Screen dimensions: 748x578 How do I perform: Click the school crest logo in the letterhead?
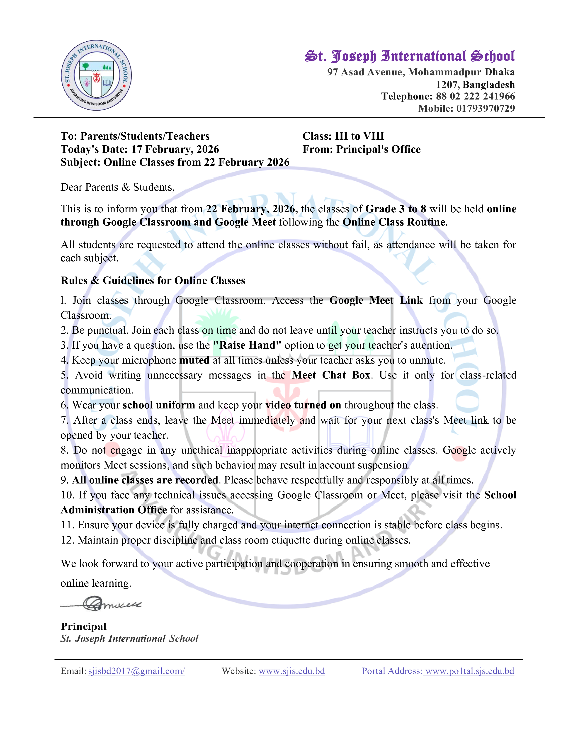tap(96, 75)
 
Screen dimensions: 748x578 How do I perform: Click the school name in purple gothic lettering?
tap(410, 56)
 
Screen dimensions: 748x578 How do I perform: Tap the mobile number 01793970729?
tap(485, 109)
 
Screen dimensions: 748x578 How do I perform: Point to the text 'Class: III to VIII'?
tap(343, 136)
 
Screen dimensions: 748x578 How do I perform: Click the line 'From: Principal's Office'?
tap(361, 149)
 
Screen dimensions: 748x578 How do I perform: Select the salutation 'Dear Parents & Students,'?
tap(117, 187)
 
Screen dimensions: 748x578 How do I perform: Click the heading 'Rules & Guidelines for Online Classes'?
tap(153, 281)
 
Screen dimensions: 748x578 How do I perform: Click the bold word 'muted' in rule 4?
tap(194, 360)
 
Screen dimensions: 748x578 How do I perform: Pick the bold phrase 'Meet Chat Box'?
tap(331, 375)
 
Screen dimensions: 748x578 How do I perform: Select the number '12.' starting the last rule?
tap(68, 540)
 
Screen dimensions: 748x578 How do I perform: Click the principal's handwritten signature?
tap(101, 604)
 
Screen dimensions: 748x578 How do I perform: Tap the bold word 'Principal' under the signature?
tap(84, 627)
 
